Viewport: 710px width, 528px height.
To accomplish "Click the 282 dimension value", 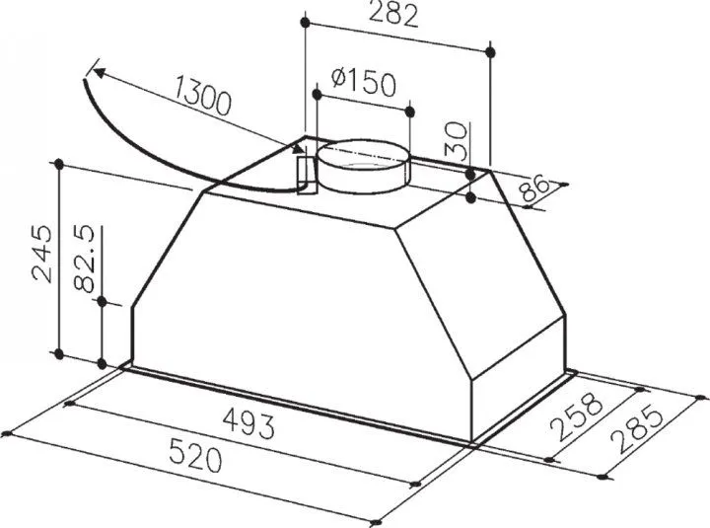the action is coord(393,14).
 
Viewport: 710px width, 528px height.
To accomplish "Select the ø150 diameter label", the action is coord(364,82).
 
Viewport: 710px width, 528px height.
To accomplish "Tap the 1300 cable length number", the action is coord(202,96).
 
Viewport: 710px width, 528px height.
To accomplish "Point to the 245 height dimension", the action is coord(41,254).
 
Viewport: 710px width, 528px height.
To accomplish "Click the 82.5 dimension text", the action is coord(84,259).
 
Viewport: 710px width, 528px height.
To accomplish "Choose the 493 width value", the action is coord(249,422).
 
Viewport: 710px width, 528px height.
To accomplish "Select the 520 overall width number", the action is coord(195,455).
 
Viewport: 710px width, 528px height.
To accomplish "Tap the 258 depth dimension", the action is coord(577,416).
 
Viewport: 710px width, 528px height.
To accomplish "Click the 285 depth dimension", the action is coord(637,428).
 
